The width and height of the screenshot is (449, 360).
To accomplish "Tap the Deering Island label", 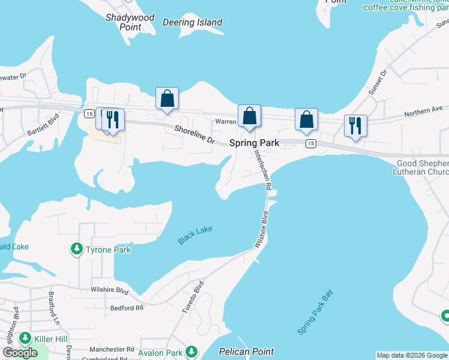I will [193, 23].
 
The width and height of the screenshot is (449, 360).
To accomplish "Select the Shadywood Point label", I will [130, 22].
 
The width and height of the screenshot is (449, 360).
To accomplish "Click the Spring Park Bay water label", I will [315, 312].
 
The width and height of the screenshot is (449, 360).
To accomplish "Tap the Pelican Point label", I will [246, 352].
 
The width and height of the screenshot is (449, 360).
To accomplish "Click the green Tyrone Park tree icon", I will [76, 248].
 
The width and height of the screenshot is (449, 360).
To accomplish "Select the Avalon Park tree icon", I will [191, 351].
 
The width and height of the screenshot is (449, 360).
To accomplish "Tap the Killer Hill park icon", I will [25, 339].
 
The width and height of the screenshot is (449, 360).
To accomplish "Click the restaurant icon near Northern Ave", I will [355, 125].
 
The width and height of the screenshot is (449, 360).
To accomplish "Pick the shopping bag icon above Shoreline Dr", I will [167, 98].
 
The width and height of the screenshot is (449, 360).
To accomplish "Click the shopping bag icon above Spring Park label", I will [249, 115].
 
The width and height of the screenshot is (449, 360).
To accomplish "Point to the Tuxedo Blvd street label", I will [193, 296].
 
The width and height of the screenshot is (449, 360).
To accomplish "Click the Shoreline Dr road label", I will [194, 133].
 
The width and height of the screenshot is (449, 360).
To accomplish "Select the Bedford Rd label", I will [127, 308].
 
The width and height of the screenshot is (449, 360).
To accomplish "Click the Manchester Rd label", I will [112, 349].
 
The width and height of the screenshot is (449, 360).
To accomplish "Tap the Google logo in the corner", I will [20, 353].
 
